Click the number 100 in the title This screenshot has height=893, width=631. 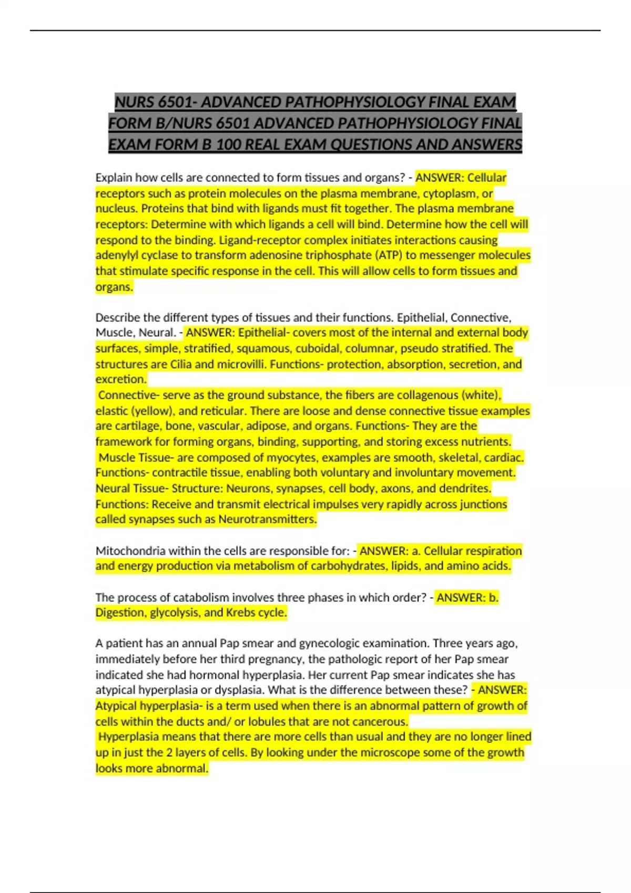[228, 144]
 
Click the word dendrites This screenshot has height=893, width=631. [464, 489]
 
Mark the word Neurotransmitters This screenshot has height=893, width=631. [268, 520]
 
